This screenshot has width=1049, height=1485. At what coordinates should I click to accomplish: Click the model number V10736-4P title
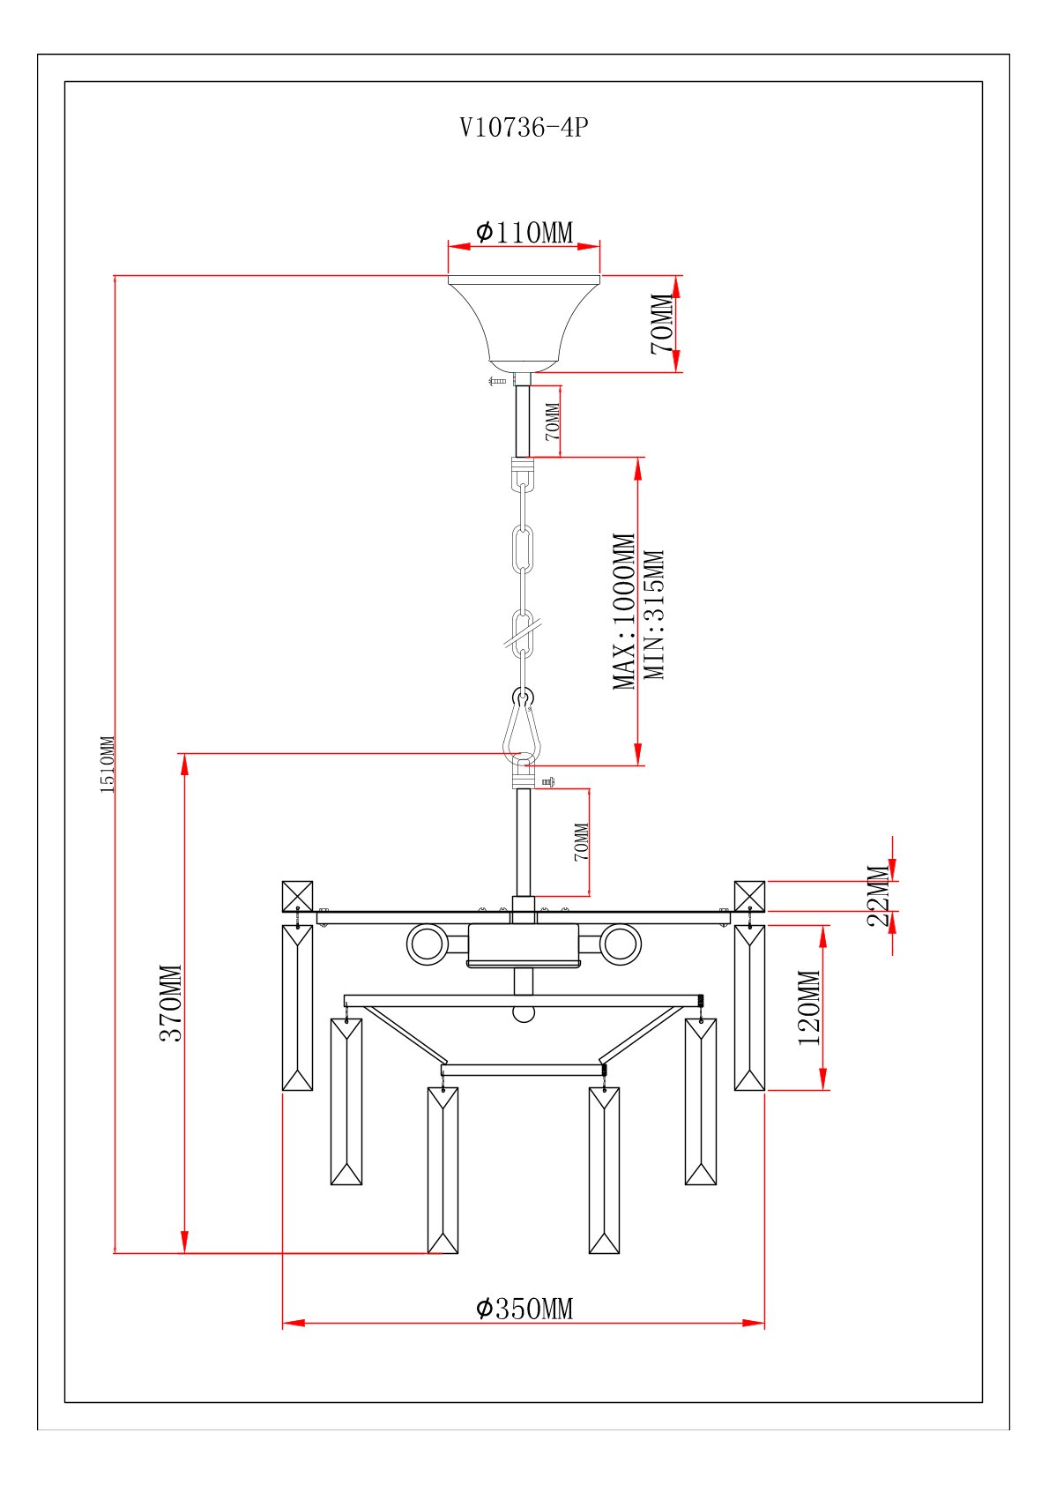click(x=524, y=128)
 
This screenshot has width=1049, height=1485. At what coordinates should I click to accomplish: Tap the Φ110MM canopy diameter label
click(x=524, y=233)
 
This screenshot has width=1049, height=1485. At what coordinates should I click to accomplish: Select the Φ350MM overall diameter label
click(x=524, y=1309)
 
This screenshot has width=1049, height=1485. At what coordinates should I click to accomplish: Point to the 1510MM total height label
click(x=108, y=765)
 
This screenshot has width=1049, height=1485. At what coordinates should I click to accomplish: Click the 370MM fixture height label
click(x=171, y=1003)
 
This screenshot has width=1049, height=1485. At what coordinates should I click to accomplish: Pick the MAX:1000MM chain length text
click(x=624, y=611)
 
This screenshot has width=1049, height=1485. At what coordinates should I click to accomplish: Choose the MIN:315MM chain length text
click(x=654, y=615)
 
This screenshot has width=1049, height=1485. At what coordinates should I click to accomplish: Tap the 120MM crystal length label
click(x=809, y=1007)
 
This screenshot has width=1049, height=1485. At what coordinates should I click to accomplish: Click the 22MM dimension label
click(x=879, y=895)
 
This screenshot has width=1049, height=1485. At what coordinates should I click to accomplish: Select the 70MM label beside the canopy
click(x=663, y=324)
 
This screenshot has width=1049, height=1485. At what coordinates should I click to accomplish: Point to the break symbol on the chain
click(x=523, y=631)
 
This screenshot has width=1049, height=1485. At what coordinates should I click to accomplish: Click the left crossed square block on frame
click(x=297, y=896)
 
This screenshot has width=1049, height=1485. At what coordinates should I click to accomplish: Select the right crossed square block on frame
click(x=749, y=896)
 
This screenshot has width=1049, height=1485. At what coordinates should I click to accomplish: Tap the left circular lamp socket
click(x=428, y=944)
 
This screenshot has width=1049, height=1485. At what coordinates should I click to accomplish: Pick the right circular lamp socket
click(x=620, y=944)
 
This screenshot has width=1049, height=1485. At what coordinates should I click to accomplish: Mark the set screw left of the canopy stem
click(x=497, y=381)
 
